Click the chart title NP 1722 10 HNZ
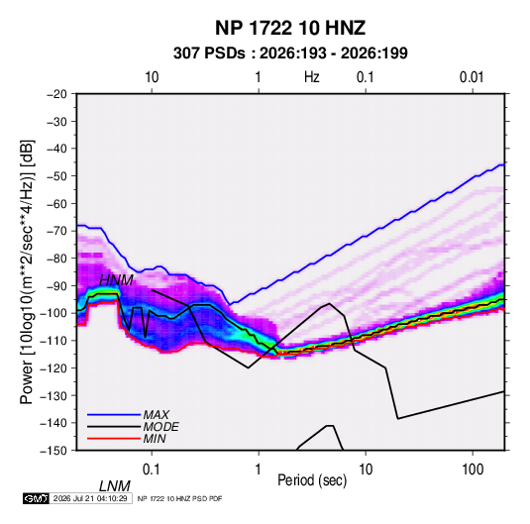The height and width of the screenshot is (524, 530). [290, 28]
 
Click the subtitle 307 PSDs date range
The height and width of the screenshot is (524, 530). [290, 53]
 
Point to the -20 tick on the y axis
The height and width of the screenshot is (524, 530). [56, 94]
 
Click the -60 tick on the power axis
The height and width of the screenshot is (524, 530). [56, 203]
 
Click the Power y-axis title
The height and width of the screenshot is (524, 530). [27, 271]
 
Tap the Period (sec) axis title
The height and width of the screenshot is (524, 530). [312, 480]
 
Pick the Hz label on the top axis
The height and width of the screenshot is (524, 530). [312, 77]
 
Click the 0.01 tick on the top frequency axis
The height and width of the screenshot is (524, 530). [472, 77]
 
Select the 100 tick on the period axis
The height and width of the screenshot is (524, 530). [473, 470]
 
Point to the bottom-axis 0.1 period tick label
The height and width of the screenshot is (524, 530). [152, 470]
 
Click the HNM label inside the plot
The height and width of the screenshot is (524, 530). [116, 280]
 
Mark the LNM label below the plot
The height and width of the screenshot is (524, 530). [115, 486]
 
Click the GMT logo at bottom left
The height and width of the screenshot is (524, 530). [36, 498]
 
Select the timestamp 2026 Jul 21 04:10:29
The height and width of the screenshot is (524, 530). [90, 498]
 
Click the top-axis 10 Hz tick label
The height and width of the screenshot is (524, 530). [152, 77]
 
